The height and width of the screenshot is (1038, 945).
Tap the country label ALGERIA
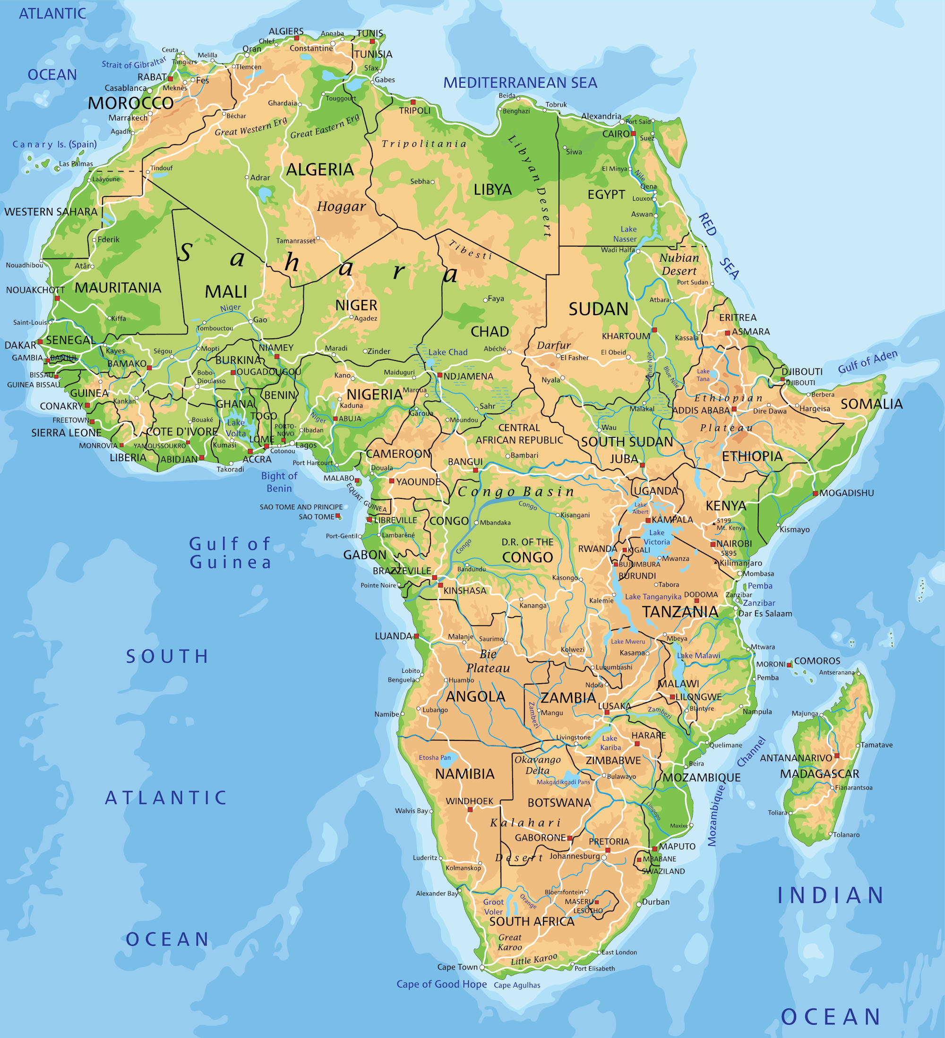coord(320,170)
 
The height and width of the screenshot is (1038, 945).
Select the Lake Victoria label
coord(657,537)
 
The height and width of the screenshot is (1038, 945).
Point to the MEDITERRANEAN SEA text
coord(520,83)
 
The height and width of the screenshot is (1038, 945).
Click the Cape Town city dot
coord(482,968)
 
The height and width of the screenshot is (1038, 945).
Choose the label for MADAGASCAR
coord(819,774)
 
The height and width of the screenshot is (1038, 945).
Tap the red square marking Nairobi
coord(713,544)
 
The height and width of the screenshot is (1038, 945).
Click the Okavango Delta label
coord(538,765)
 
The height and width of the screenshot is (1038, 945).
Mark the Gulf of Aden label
coord(868,361)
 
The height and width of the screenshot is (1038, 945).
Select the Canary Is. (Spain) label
coord(55,144)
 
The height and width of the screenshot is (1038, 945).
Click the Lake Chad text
coord(447,352)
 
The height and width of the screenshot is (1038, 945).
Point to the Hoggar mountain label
coord(341,207)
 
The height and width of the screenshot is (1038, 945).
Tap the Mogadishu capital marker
coord(815,493)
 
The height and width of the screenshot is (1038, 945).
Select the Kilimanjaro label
coord(740,563)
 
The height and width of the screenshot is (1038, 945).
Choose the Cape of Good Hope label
coord(441,984)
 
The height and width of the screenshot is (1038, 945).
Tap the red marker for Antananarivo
coord(837,756)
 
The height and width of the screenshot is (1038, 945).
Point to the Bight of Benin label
coord(279,482)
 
